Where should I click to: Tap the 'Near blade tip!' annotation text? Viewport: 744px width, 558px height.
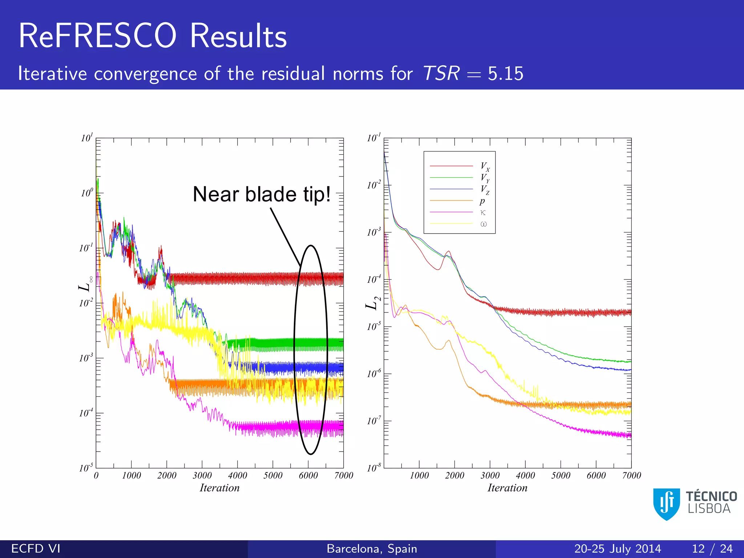point(262,194)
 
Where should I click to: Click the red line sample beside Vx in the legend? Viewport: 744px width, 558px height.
point(451,166)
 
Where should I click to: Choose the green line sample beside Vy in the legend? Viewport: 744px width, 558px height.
point(451,178)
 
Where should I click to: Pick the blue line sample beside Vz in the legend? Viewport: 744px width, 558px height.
point(451,189)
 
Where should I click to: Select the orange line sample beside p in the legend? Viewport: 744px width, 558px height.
point(451,201)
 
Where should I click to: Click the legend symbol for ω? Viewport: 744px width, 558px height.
point(484,224)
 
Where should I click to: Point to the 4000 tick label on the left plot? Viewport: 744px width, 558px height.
point(237,476)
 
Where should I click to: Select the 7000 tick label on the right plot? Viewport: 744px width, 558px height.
point(631,476)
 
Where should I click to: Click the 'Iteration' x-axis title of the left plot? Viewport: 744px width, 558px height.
point(219,488)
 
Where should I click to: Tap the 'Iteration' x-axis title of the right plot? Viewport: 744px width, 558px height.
point(507,488)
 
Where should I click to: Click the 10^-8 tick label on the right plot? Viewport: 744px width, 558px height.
point(374,468)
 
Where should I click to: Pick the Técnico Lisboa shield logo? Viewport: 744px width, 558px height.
point(666,504)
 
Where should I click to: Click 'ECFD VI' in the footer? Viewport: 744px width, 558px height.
point(36,549)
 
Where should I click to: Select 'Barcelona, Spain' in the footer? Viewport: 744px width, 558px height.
point(372,549)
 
